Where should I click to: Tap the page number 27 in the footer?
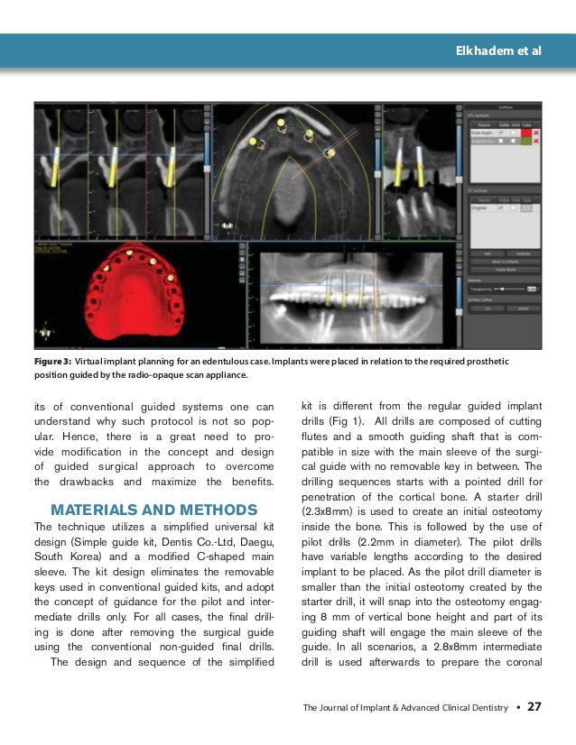[534, 706]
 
